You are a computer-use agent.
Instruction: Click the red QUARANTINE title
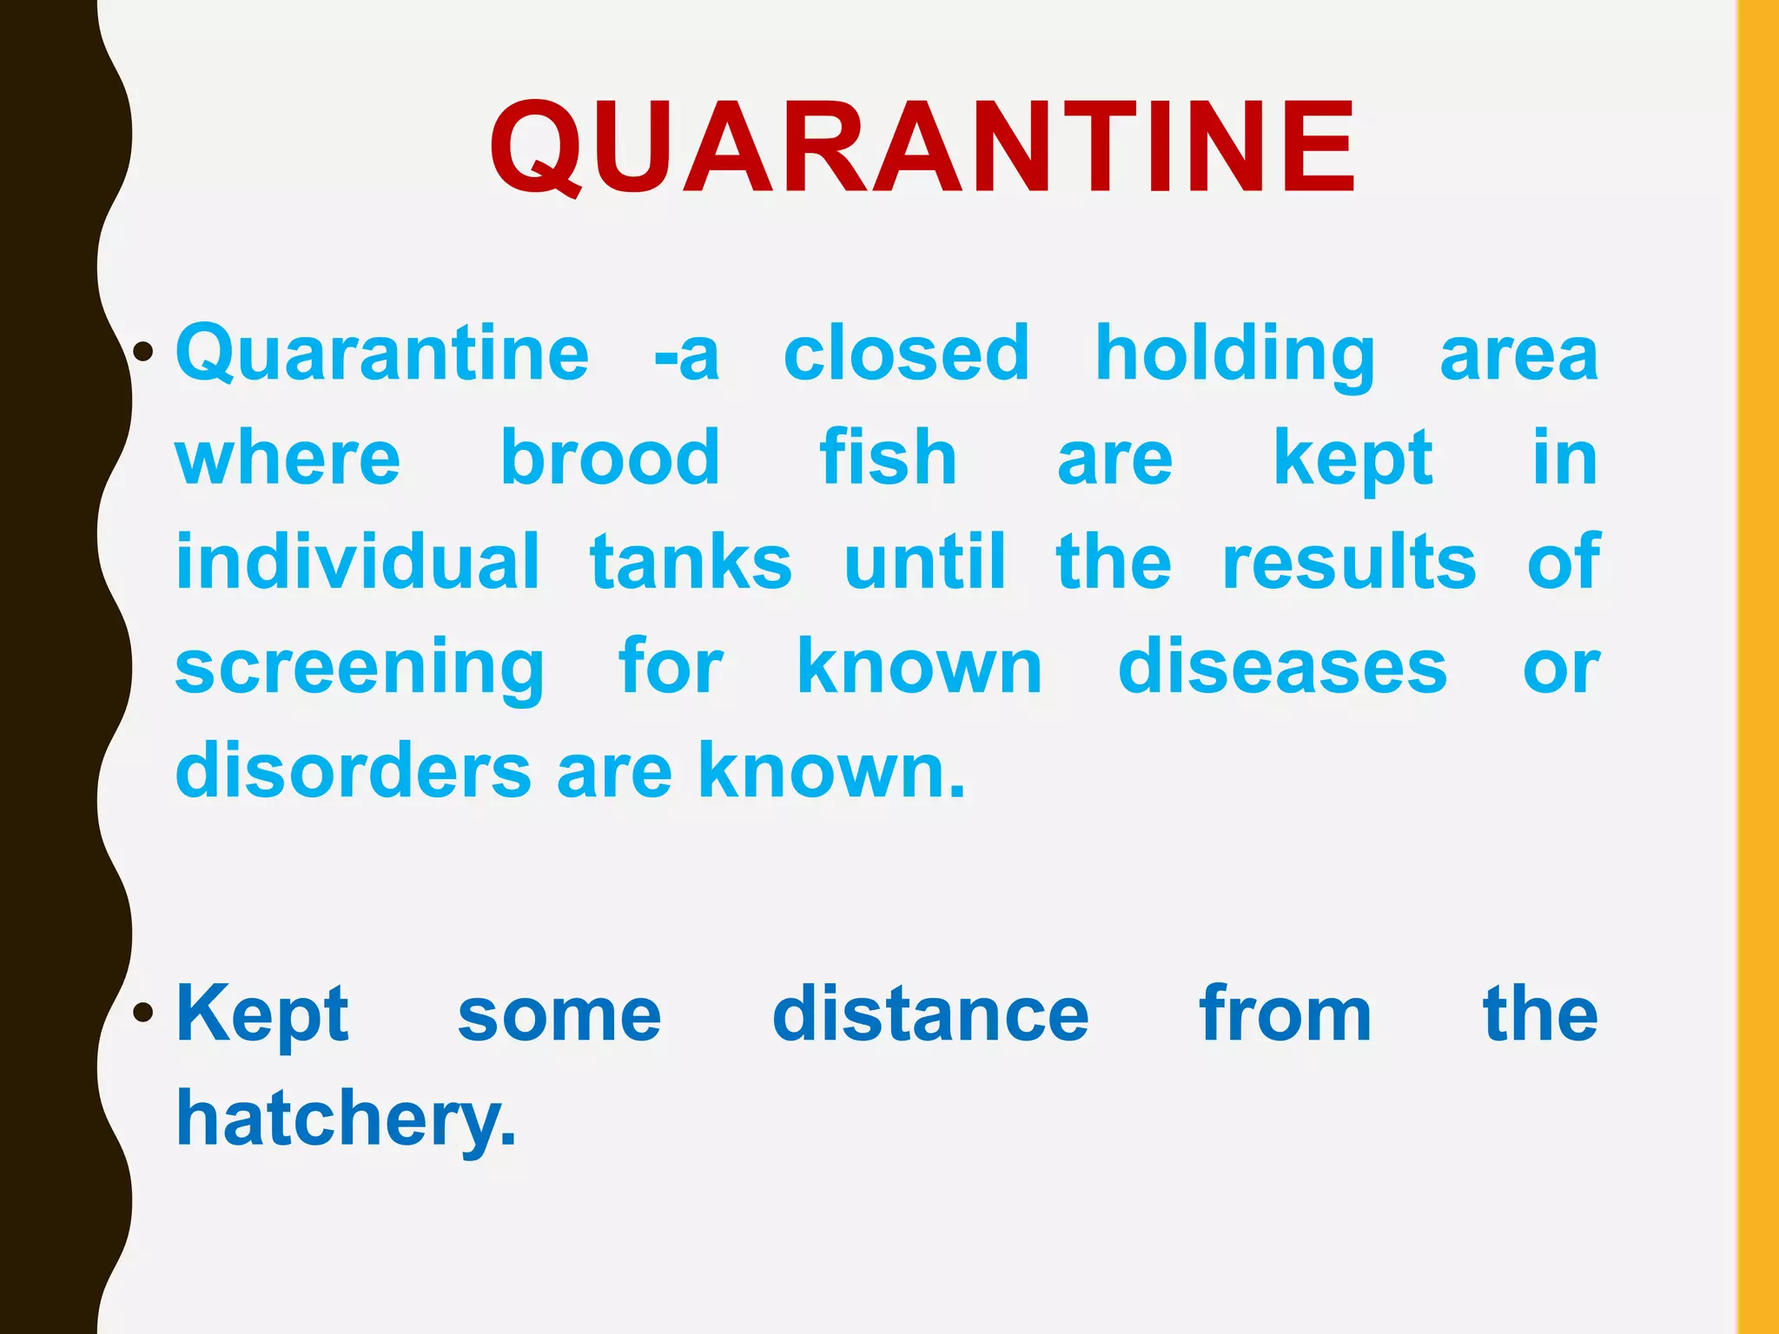click(921, 148)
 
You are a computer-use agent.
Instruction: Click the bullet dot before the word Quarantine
click(144, 353)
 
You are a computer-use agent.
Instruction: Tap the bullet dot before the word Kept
click(144, 1013)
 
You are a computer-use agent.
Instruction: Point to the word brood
click(610, 458)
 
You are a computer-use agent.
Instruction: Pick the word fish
click(888, 458)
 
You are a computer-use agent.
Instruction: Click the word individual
click(358, 562)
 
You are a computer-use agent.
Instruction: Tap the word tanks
click(691, 562)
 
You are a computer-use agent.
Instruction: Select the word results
click(1349, 562)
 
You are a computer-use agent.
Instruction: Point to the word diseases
click(1282, 667)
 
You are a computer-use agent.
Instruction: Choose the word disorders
click(354, 771)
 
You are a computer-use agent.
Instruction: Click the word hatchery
click(346, 1120)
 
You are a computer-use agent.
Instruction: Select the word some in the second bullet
click(559, 1016)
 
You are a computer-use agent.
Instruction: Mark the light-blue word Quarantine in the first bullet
click(382, 354)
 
